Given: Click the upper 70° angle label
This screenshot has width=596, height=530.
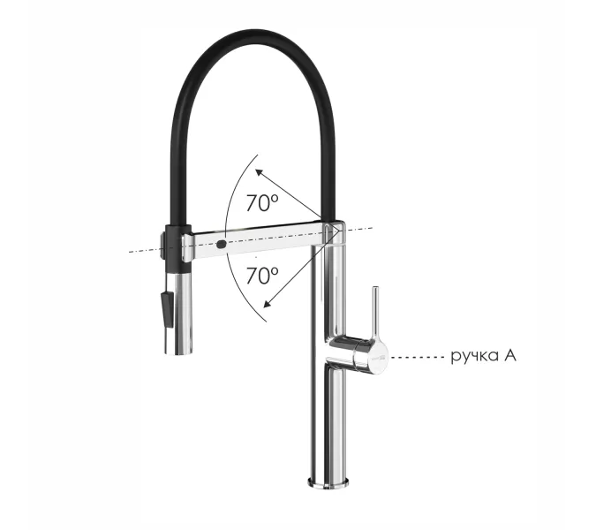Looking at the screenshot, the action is click(x=262, y=202).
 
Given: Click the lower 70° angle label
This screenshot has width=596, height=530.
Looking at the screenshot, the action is click(x=262, y=276).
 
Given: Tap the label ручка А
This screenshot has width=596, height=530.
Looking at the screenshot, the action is click(x=484, y=357).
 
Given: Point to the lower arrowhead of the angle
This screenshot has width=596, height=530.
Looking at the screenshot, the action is click(x=268, y=303).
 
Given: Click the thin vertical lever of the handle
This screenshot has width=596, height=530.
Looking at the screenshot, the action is click(x=375, y=311).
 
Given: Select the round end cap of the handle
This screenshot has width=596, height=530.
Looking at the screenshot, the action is click(x=378, y=356).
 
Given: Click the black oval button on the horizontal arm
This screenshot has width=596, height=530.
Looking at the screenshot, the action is click(x=222, y=244).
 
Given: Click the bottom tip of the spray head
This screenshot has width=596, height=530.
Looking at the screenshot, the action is click(x=177, y=352).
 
